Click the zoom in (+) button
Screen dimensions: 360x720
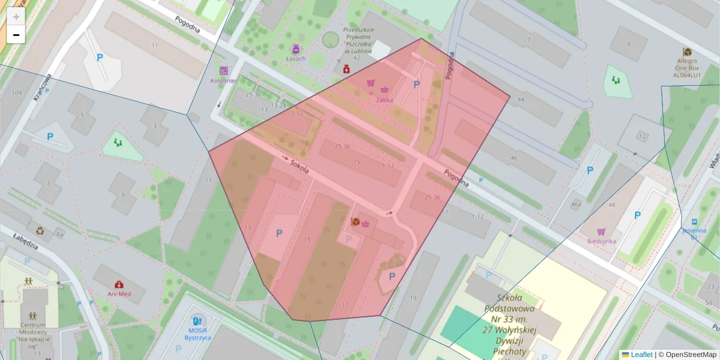[16, 17]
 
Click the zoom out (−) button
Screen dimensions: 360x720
[16, 35]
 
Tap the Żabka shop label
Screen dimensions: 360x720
[385, 100]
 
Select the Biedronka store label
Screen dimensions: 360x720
[602, 241]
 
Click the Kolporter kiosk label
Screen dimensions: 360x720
[224, 80]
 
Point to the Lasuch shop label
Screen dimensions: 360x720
[296, 58]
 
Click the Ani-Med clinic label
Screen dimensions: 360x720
[119, 294]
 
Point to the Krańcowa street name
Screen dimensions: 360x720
[43, 88]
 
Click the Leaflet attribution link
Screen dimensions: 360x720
[641, 355]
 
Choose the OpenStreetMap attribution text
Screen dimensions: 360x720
[691, 355]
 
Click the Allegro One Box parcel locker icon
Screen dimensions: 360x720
[687, 52]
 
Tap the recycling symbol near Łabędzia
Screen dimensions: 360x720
[40, 230]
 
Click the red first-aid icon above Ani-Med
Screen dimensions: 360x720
[119, 284]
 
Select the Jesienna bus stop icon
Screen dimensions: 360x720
[694, 221]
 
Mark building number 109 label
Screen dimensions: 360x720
[16, 93]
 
